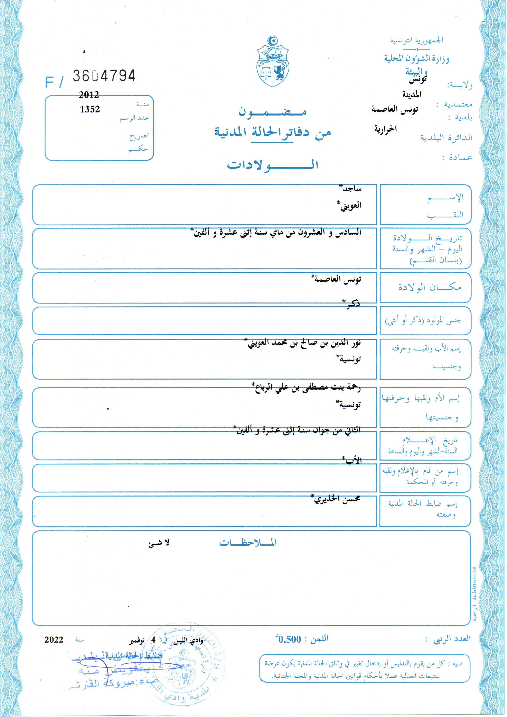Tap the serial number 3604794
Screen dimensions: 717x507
click(104, 76)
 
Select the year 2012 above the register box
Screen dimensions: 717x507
click(89, 95)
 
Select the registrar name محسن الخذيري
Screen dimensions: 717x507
click(337, 499)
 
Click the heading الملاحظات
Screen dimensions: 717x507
click(248, 543)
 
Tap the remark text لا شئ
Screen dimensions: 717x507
click(159, 543)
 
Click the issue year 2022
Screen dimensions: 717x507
click(54, 639)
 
